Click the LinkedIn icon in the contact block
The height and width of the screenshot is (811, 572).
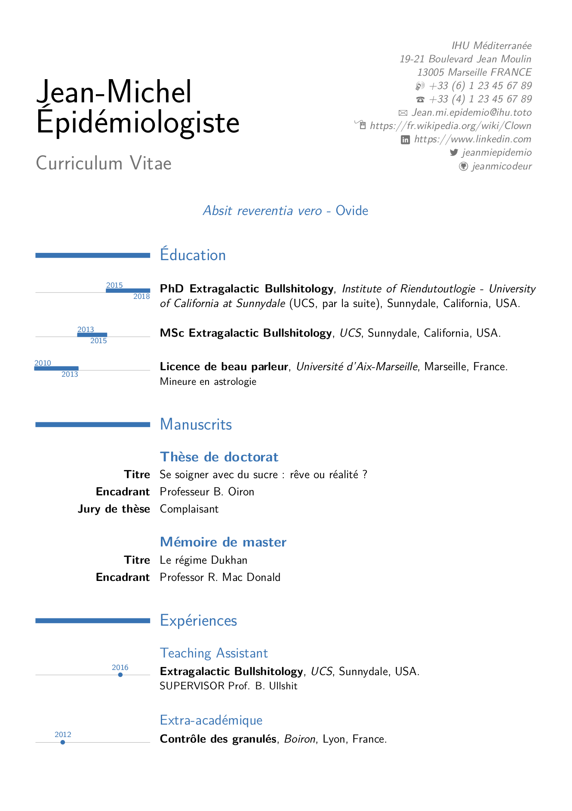[405, 139]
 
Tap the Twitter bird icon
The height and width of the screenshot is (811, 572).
[454, 152]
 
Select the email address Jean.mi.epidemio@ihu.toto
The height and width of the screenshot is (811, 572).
[471, 112]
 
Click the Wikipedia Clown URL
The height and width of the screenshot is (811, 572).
[450, 126]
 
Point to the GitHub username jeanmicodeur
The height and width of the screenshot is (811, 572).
[501, 166]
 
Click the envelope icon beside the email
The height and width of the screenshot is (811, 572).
[403, 113]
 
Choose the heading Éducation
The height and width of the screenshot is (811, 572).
[193, 255]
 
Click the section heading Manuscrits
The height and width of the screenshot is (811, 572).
[196, 424]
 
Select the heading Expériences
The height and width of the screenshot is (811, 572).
[198, 621]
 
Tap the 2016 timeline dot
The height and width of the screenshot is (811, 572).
[120, 675]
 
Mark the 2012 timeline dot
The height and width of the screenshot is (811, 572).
[63, 742]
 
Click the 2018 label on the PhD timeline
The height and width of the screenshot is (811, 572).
[141, 296]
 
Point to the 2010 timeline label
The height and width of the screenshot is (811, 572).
[43, 363]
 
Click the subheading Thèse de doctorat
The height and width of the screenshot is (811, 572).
[219, 457]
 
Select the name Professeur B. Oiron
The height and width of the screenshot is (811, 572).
[207, 492]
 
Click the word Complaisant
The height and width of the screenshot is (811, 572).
[189, 509]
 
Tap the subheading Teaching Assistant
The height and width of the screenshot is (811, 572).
[214, 653]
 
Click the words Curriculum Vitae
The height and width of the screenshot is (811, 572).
[104, 163]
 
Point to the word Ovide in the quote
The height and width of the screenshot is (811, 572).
[352, 211]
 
